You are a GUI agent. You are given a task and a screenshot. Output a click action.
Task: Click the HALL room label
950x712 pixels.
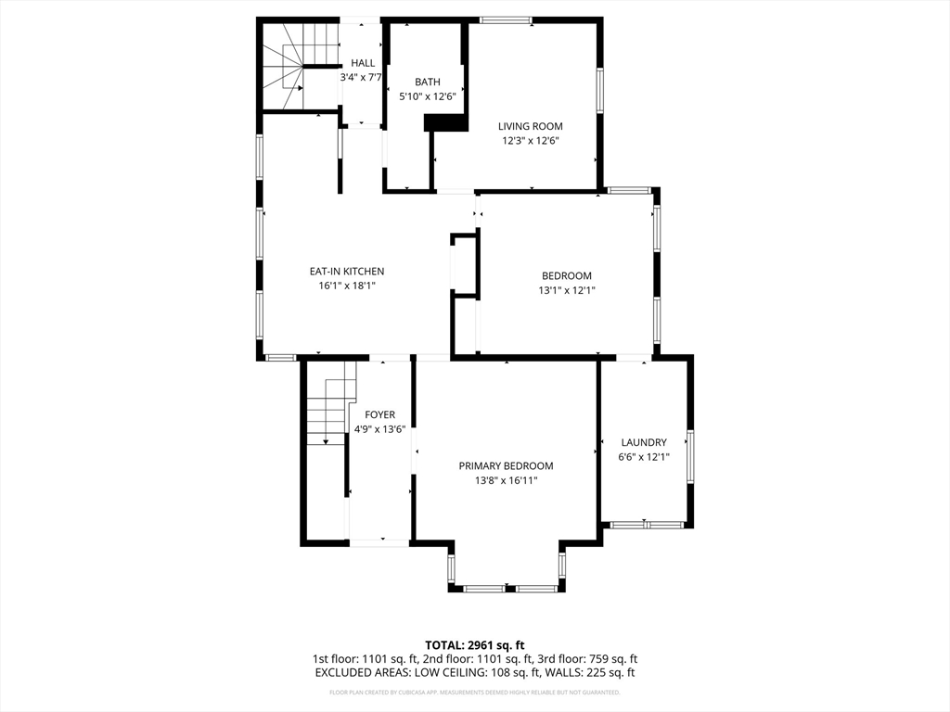tap(363, 63)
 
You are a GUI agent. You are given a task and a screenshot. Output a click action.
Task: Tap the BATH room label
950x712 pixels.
tap(427, 83)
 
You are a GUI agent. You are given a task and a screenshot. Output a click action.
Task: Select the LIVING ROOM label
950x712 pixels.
tap(530, 126)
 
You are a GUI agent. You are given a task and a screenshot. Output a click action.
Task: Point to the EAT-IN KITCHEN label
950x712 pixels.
tap(346, 272)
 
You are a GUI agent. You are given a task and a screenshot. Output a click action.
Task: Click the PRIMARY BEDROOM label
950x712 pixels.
tap(506, 466)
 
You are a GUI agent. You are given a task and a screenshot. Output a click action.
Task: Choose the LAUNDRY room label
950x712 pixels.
tap(644, 443)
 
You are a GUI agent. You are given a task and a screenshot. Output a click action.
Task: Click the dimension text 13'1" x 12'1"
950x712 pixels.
tap(566, 290)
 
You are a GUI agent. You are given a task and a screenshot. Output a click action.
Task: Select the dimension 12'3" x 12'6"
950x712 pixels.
tap(530, 141)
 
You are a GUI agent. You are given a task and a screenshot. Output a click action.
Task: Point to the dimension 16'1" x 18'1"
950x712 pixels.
tap(346, 286)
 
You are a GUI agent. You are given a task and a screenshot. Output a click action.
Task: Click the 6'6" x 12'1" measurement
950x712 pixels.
tap(644, 457)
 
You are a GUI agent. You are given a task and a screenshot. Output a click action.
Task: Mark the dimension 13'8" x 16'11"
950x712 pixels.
tap(506, 480)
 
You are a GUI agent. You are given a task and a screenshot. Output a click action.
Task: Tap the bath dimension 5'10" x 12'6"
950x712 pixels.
tap(427, 96)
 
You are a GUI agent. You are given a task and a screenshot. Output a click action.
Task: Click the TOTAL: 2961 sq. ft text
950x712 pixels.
tap(475, 644)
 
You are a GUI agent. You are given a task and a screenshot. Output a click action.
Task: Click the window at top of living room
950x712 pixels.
tap(506, 19)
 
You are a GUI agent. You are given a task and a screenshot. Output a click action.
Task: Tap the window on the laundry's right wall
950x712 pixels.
tap(690, 456)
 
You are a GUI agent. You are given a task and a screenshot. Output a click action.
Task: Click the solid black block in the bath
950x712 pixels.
tap(445, 122)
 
